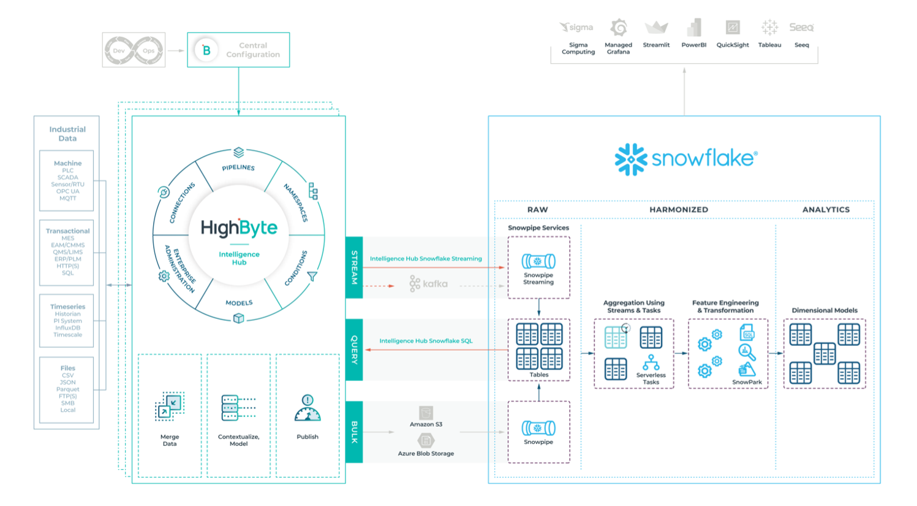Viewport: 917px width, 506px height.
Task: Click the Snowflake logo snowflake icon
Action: pyautogui.click(x=631, y=159)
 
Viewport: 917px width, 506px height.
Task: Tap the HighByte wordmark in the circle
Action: pyautogui.click(x=239, y=229)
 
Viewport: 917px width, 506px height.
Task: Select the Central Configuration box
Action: pyautogui.click(x=238, y=50)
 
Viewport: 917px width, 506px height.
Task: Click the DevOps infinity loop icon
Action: pyautogui.click(x=134, y=50)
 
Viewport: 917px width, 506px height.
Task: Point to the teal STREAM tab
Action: pyautogui.click(x=354, y=267)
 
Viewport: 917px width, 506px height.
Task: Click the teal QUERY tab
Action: pyautogui.click(x=354, y=350)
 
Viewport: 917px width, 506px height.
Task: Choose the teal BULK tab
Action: pyautogui.click(x=354, y=432)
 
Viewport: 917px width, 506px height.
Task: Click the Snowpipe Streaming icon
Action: pyautogui.click(x=538, y=261)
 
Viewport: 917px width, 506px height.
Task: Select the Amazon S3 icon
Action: pyautogui.click(x=426, y=413)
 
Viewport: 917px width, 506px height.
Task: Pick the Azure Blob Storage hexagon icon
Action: pyautogui.click(x=426, y=440)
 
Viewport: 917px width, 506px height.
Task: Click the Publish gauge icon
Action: pyautogui.click(x=308, y=408)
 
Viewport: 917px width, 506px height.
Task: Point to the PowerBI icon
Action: pyautogui.click(x=694, y=28)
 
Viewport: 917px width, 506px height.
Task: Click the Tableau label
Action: pyautogui.click(x=769, y=45)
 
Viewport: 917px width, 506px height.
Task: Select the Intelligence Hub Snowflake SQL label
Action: pyautogui.click(x=426, y=341)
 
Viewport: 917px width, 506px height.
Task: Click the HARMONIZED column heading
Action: pyautogui.click(x=679, y=210)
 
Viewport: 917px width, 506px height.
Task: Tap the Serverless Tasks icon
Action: pyautogui.click(x=651, y=362)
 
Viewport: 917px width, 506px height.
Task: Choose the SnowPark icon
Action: pyautogui.click(x=747, y=369)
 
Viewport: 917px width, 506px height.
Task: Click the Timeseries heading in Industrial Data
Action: pyautogui.click(x=67, y=307)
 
